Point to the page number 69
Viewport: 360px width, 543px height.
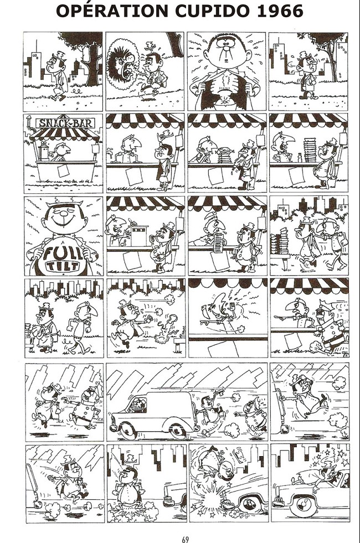[184, 539]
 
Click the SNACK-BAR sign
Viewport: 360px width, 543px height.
[66, 122]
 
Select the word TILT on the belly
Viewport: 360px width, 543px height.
[63, 266]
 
